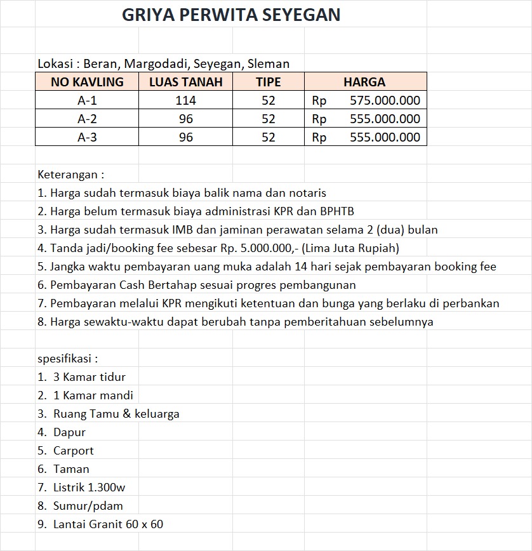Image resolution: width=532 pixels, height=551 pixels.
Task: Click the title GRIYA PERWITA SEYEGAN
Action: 231,15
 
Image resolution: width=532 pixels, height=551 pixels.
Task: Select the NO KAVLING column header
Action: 87,82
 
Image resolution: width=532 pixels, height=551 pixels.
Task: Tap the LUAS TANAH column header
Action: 185,82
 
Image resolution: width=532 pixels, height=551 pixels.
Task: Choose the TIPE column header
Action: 268,82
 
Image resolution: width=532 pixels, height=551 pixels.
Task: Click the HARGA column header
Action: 364,82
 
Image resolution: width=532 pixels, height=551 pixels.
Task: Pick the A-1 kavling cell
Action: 87,100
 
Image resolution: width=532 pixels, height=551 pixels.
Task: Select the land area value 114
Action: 185,100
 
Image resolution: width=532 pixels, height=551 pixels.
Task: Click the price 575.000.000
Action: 384,100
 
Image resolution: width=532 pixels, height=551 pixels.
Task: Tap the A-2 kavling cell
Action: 87,119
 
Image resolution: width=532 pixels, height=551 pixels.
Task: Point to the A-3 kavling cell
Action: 87,137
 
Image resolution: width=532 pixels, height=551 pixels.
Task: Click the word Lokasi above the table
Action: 55,63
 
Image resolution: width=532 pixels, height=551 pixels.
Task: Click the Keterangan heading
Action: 70,174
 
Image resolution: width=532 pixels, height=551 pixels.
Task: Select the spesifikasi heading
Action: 67,359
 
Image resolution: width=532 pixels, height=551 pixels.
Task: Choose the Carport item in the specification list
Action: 73,451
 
